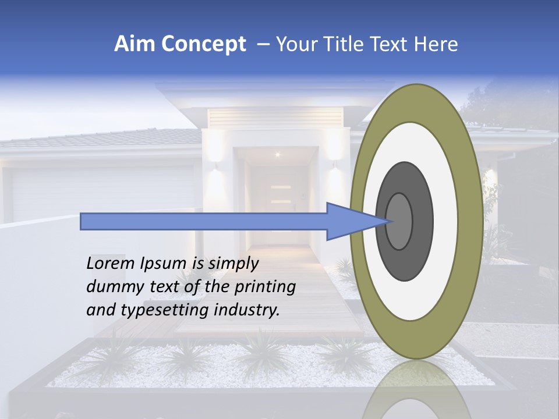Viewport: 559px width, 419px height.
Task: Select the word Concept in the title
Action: [x=203, y=44]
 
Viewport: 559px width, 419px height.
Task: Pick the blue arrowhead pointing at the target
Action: [x=352, y=221]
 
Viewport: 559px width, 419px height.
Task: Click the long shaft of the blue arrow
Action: [x=204, y=221]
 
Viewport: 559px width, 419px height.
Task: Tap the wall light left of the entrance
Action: [x=215, y=166]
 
